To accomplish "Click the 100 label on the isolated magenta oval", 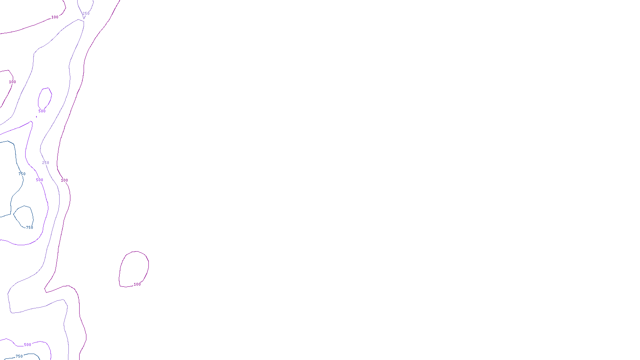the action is click(137, 284).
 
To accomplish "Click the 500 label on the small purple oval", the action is click(42, 111).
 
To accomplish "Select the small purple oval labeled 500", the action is click(51, 94).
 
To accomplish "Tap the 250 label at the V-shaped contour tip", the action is click(86, 14).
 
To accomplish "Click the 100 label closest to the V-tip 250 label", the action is click(55, 17).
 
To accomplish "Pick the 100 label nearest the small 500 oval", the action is click(12, 82).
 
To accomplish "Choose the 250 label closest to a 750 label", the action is click(46, 163).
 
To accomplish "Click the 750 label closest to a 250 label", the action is click(22, 174).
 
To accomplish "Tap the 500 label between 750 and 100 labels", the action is click(40, 180).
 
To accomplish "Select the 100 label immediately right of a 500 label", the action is click(64, 180).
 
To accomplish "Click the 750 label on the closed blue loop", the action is click(30, 228).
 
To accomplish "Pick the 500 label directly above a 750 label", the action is click(28, 345).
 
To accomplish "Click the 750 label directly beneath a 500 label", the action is click(19, 356).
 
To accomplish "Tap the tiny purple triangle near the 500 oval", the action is click(36, 117).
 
